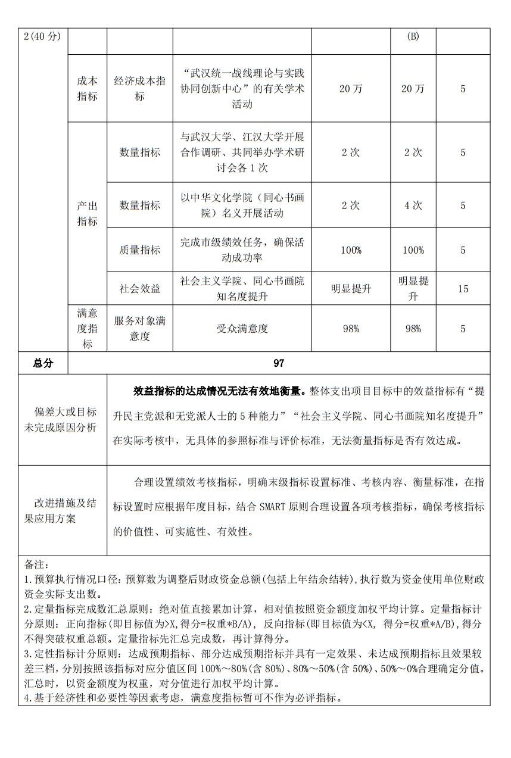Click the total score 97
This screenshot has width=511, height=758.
click(x=279, y=363)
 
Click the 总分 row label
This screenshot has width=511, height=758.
click(x=43, y=363)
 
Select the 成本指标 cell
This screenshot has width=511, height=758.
click(x=87, y=89)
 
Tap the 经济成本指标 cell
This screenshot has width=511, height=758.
click(x=139, y=89)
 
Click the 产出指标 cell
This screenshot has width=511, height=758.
click(x=87, y=214)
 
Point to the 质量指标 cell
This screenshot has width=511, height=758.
click(x=139, y=250)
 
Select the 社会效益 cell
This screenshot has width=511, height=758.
click(x=139, y=289)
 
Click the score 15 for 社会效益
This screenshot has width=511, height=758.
click(x=463, y=289)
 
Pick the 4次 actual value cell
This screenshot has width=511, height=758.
click(x=413, y=205)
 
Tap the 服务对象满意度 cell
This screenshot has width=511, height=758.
click(x=139, y=329)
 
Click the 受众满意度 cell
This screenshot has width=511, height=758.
click(x=242, y=329)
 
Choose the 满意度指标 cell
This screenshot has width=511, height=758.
click(x=87, y=329)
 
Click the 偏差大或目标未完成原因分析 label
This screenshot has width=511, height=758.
click(x=63, y=420)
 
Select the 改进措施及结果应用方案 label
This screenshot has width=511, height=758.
click(x=63, y=511)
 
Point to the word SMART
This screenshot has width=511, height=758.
click(x=273, y=507)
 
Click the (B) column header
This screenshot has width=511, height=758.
click(x=413, y=36)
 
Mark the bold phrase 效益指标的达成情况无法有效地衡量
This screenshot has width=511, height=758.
click(x=219, y=391)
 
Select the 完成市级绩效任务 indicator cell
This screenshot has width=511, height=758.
click(x=242, y=250)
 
